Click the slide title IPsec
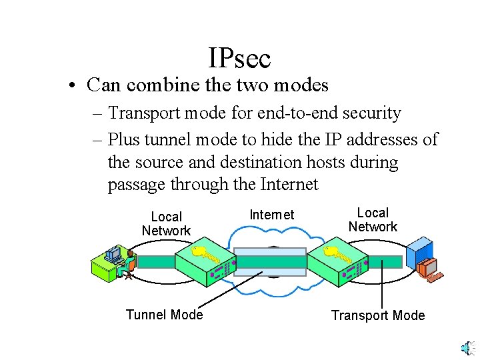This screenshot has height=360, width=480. tap(239, 58)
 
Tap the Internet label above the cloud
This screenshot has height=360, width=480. tap(271, 215)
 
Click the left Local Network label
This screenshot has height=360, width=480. tap(166, 224)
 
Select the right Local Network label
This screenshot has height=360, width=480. tap(373, 220)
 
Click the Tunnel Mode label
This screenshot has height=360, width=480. tap(164, 315)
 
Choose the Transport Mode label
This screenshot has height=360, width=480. tap(378, 315)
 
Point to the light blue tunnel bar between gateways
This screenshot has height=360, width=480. tap(271, 261)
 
